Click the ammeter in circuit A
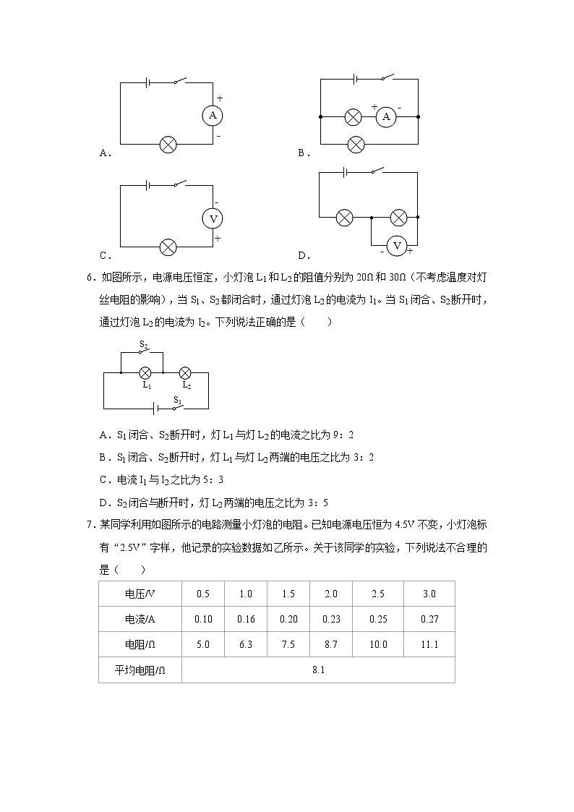click(x=213, y=116)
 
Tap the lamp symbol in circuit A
click(x=168, y=145)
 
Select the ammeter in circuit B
click(x=386, y=116)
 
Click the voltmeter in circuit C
click(x=213, y=218)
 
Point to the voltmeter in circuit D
click(x=396, y=247)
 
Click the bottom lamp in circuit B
click(x=356, y=145)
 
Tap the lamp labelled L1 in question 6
click(x=145, y=372)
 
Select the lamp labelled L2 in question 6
click(x=185, y=372)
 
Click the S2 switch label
click(x=144, y=344)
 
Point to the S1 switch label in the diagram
click(x=176, y=399)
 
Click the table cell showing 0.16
click(x=246, y=619)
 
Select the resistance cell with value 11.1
click(x=429, y=644)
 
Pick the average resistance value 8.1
click(x=318, y=670)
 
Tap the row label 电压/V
click(x=140, y=594)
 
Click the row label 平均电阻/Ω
click(x=140, y=670)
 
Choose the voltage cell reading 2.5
click(x=377, y=594)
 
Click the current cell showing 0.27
click(x=429, y=619)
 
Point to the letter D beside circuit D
click(x=304, y=255)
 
